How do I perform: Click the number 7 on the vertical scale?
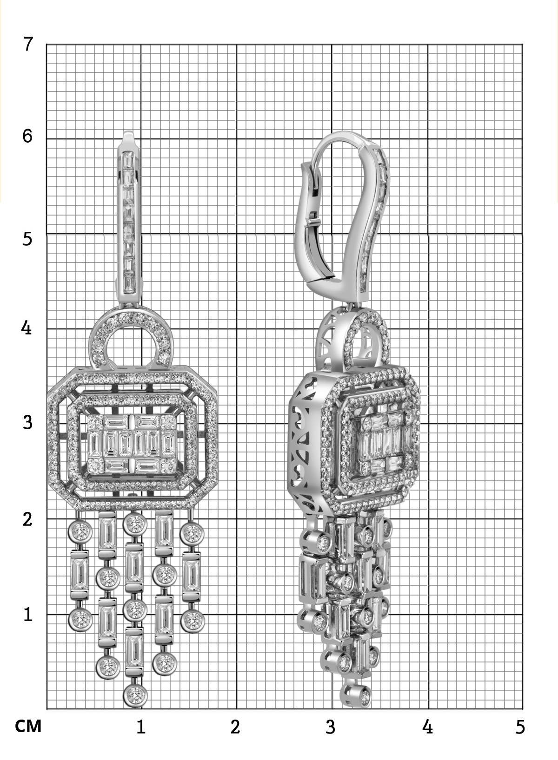pyautogui.click(x=28, y=44)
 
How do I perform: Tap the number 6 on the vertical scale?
pyautogui.click(x=27, y=136)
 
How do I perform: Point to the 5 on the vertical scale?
pyautogui.click(x=27, y=239)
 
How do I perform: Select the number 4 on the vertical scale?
pyautogui.click(x=26, y=328)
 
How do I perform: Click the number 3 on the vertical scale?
pyautogui.click(x=28, y=422)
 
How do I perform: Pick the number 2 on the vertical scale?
pyautogui.click(x=28, y=519)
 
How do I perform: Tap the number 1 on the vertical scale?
pyautogui.click(x=28, y=614)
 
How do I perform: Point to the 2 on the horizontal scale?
pyautogui.click(x=235, y=727)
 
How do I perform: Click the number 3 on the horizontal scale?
pyautogui.click(x=331, y=727)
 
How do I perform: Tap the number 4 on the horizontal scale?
pyautogui.click(x=428, y=727)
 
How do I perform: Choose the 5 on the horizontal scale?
pyautogui.click(x=520, y=727)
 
